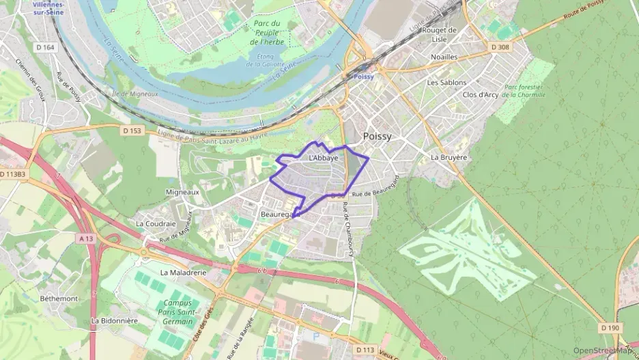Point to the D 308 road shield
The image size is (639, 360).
coord(500,46)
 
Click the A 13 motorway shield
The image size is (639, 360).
coord(85,238)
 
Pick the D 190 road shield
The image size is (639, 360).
coord(611,328)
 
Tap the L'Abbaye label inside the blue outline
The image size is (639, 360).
coord(323,158)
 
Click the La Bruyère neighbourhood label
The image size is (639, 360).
coord(449,157)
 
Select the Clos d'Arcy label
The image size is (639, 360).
coord(480,95)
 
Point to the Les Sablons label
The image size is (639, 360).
coord(446,83)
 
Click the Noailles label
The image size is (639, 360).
coord(444,57)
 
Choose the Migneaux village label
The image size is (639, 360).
coord(182,193)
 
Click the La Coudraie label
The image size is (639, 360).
coord(156,223)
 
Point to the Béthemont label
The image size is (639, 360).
coord(59,299)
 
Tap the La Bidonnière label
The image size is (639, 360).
coord(115,320)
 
